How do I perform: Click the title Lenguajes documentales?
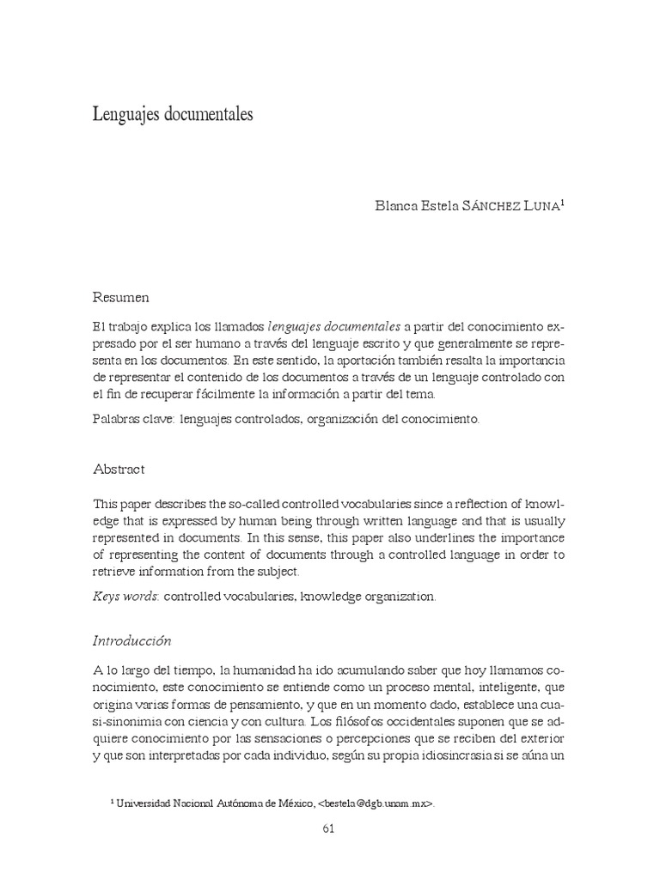(173, 114)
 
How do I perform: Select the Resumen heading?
(120, 297)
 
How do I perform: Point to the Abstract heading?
(119, 470)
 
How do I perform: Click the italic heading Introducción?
(132, 640)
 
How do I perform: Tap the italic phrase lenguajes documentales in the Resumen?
(334, 326)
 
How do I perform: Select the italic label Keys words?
(125, 596)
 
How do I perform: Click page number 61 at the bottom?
(327, 828)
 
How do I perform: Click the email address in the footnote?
(376, 803)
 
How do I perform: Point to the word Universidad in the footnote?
(146, 803)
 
